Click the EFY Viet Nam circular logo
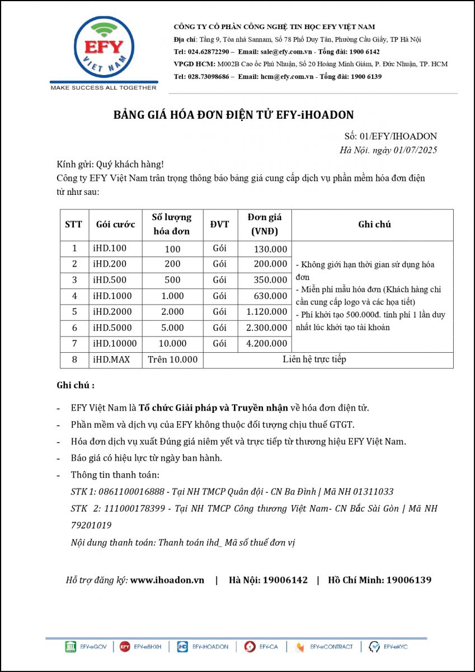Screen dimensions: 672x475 pyautogui.click(x=104, y=49)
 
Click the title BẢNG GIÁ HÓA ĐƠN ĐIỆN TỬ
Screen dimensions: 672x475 pyautogui.click(x=234, y=115)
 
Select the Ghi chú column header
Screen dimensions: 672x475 pyautogui.click(x=374, y=225)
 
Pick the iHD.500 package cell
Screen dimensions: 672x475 pyautogui.click(x=110, y=280)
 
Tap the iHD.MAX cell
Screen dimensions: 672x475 pyautogui.click(x=111, y=360)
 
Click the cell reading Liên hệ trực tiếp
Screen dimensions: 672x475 pyautogui.click(x=314, y=360)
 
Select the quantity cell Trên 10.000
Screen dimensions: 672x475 pyautogui.click(x=172, y=360)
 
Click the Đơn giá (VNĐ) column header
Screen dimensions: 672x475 pyautogui.click(x=264, y=225)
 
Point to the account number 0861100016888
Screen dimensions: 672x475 pyautogui.click(x=131, y=492)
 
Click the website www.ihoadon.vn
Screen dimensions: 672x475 pyautogui.click(x=167, y=580)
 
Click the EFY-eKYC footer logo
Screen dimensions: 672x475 pyautogui.click(x=389, y=647)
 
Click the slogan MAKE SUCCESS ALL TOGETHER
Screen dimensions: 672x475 pyautogui.click(x=104, y=88)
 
